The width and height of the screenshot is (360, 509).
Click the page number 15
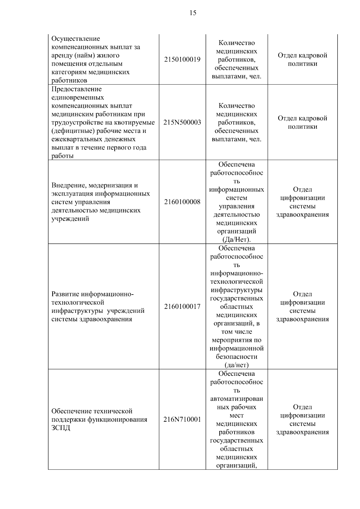193,13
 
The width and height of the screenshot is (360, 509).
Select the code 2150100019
182,59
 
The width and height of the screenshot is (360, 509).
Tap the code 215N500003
182,122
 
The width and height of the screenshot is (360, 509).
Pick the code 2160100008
182,202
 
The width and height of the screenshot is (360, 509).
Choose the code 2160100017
182,307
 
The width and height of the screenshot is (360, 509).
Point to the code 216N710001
182,419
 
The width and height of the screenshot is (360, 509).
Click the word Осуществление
76,39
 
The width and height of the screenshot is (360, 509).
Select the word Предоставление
76,89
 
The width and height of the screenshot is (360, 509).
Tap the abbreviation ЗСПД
61,428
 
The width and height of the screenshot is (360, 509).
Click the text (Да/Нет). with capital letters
236,240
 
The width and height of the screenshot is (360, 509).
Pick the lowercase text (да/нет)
236,365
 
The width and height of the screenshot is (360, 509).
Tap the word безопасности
236,357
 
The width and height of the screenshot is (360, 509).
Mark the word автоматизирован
236,399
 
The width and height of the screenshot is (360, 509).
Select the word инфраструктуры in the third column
236,290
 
